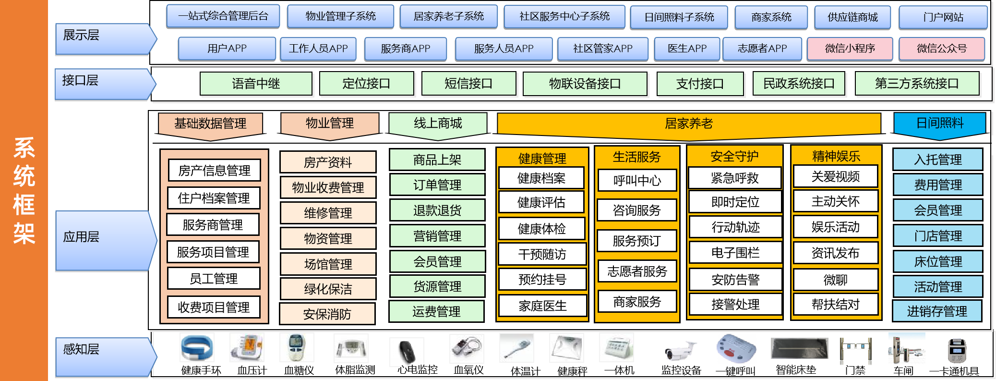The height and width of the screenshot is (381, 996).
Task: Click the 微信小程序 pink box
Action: (850, 49)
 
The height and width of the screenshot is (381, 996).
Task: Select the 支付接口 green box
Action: (700, 84)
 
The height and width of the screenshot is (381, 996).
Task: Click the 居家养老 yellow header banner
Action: (689, 124)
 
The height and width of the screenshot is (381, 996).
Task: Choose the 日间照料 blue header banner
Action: (939, 123)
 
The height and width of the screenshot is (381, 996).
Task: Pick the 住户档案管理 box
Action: (214, 198)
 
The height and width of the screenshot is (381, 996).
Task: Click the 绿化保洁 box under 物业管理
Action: (328, 289)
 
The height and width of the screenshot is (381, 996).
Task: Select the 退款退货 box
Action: (437, 210)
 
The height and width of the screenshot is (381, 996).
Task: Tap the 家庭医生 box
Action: (542, 306)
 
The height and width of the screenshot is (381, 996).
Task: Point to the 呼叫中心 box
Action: (637, 181)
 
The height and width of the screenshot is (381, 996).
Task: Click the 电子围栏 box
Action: (735, 253)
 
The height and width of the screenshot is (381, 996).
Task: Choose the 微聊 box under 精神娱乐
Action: (835, 279)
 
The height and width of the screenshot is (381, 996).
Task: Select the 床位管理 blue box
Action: (937, 261)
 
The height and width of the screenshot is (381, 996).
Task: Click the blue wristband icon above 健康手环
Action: (197, 348)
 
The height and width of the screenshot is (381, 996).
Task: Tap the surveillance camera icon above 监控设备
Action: (681, 353)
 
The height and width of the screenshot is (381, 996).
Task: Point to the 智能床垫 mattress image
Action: (799, 348)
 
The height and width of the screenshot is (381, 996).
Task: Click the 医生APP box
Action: (687, 49)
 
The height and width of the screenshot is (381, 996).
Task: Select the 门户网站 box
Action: (943, 17)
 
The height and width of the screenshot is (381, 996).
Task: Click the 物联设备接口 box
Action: (585, 84)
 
